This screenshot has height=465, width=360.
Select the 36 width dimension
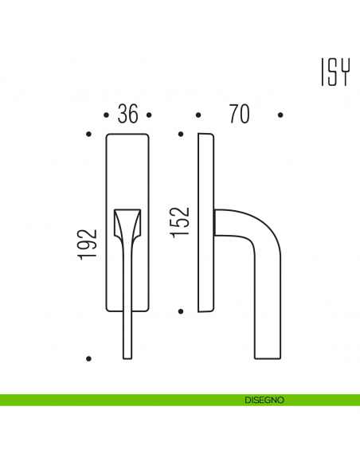tap(127, 115)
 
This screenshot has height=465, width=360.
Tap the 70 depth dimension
tap(238, 115)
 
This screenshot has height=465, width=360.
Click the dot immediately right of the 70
tap(280, 115)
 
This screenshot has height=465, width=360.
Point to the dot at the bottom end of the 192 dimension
tap(89, 358)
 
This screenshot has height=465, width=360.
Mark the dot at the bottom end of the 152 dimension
tap(182, 311)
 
